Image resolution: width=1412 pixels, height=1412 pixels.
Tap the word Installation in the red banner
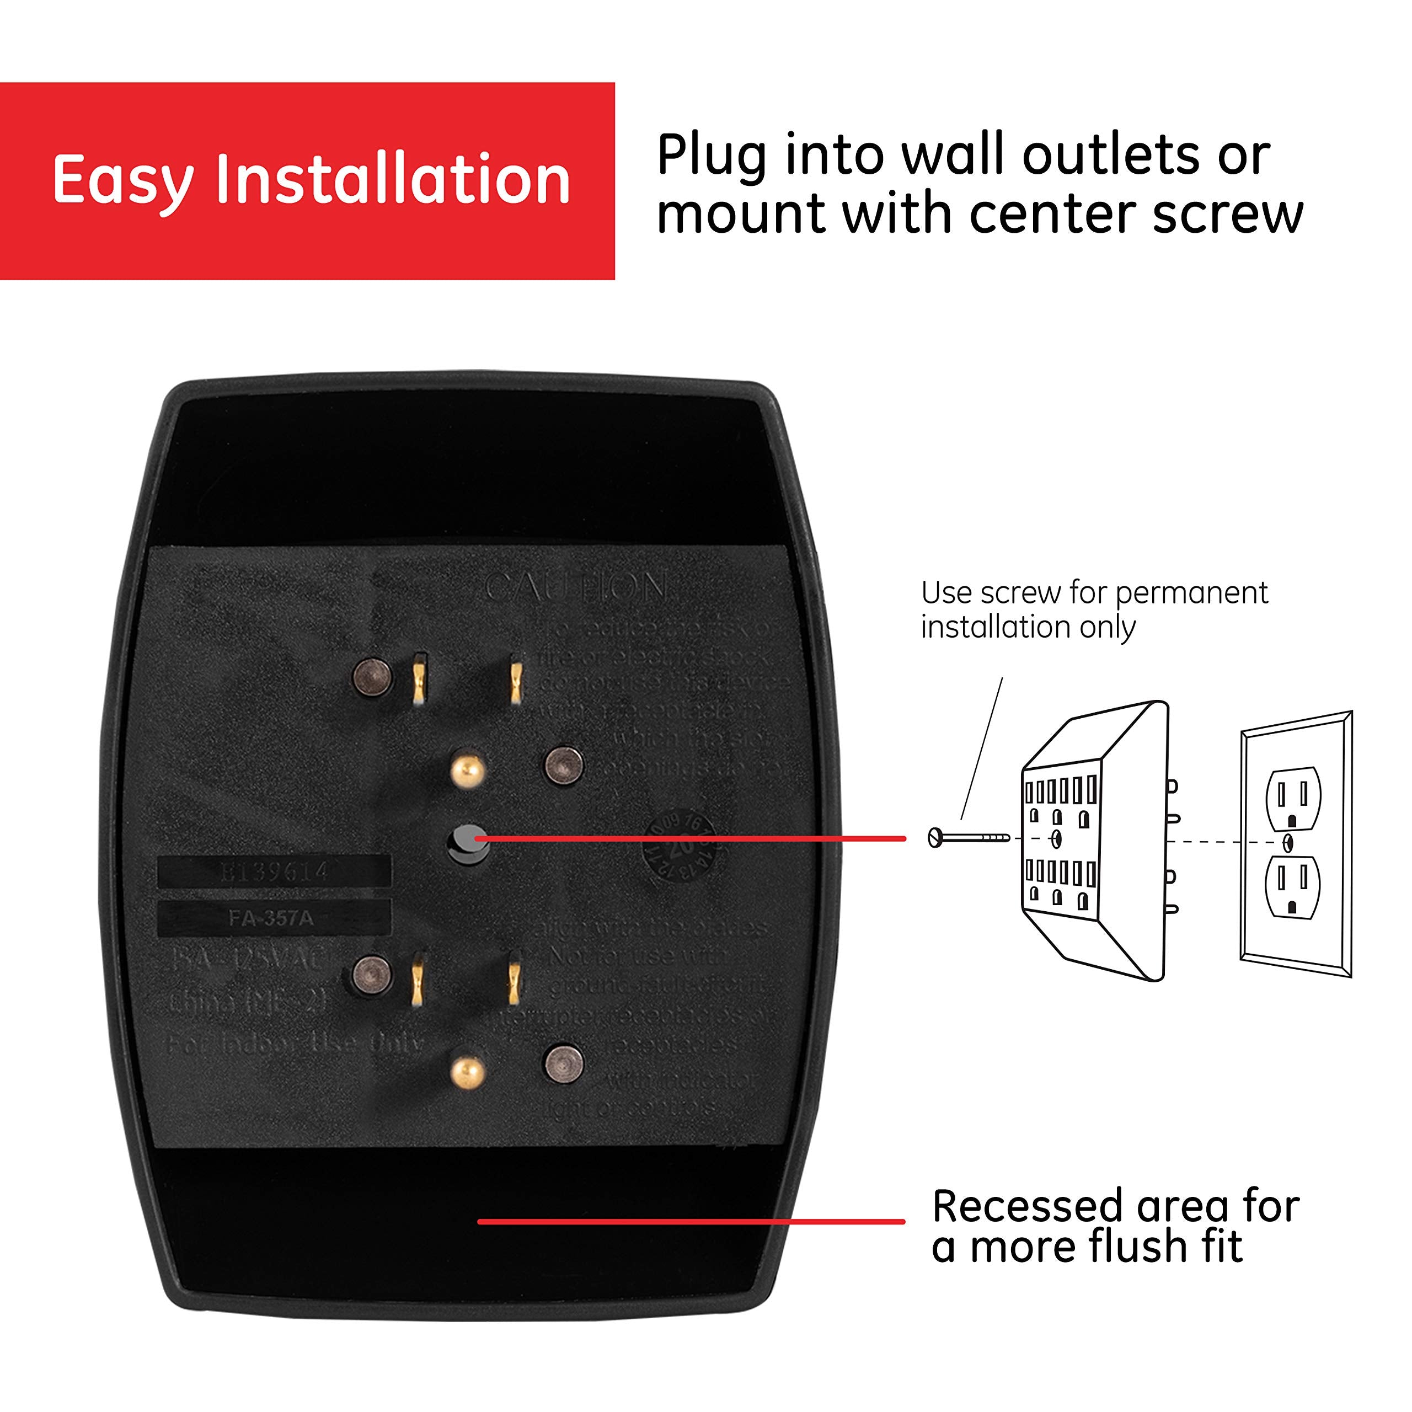393,179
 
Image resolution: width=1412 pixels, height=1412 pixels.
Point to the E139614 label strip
274,871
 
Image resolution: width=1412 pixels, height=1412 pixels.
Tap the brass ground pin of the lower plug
467,1073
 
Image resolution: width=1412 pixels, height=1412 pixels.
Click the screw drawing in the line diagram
969,838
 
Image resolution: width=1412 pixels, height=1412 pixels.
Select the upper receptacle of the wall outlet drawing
1292,798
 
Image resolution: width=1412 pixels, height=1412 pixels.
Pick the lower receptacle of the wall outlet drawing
1292,886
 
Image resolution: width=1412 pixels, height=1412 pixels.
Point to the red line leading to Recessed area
691,1221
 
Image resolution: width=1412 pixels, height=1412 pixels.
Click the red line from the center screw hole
691,838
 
